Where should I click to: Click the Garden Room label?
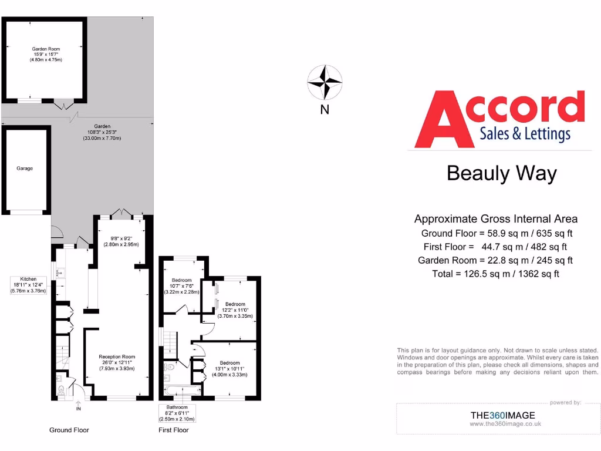point(46,49)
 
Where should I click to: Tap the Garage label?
point(25,169)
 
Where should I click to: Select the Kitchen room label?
point(28,279)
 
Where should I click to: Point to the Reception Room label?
point(117,356)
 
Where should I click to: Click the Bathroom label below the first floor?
point(177,407)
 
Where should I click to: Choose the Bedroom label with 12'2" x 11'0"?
point(235,304)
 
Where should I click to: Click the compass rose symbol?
point(325,83)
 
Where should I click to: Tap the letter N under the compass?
point(325,110)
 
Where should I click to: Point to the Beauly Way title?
point(501,173)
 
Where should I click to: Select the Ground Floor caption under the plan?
point(69,430)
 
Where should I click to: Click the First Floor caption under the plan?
point(174,430)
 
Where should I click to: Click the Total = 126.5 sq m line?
point(495,274)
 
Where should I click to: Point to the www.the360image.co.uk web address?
point(505,423)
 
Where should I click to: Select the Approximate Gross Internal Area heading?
point(496,219)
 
